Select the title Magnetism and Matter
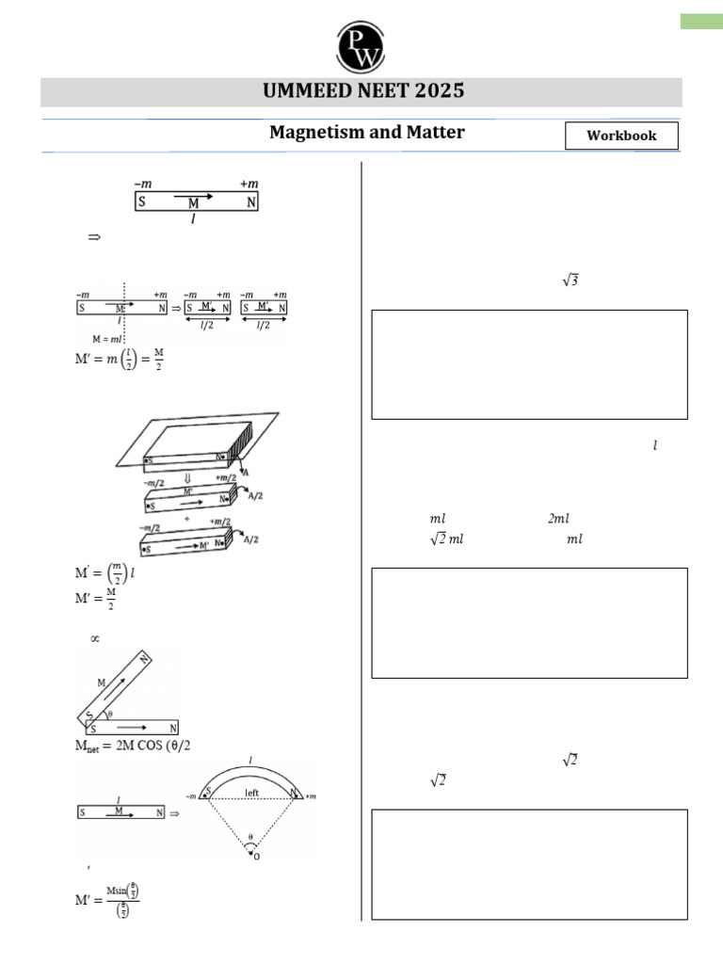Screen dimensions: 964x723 (x=366, y=133)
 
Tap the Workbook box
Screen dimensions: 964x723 (x=620, y=136)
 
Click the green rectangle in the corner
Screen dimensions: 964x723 (x=701, y=22)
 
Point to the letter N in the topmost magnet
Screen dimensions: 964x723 (x=250, y=202)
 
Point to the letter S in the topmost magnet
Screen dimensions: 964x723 (x=141, y=202)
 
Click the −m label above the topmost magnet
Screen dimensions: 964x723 (x=144, y=184)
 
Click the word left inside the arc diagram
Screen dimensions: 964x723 (x=251, y=793)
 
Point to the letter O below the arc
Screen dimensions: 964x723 (x=252, y=856)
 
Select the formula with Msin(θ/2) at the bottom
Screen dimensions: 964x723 (x=107, y=899)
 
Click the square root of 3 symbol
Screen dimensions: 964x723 (x=570, y=280)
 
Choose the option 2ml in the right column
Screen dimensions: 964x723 (x=557, y=519)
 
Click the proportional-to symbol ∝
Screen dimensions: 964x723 (x=94, y=638)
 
